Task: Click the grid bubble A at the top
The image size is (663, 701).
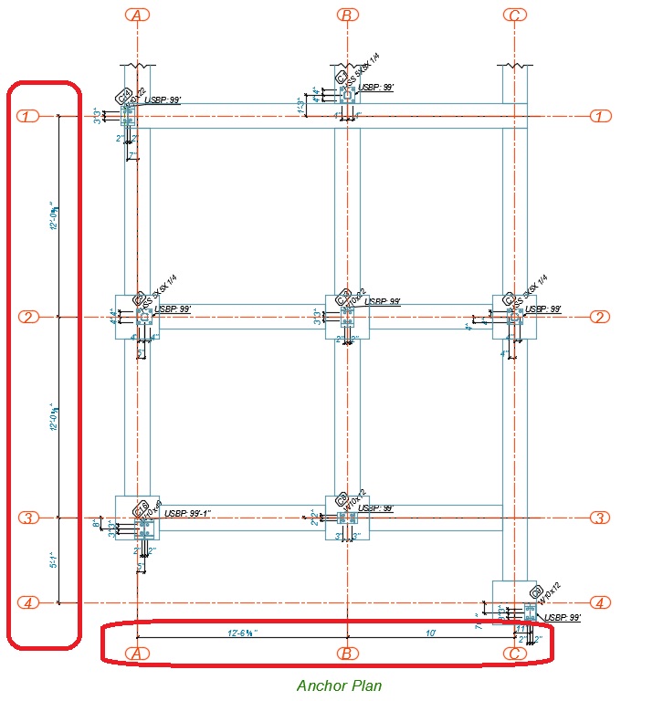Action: pos(136,15)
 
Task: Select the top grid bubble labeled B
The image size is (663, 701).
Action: pos(346,15)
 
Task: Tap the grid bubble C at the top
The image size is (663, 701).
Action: pos(515,15)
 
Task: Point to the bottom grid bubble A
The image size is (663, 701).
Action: pos(136,653)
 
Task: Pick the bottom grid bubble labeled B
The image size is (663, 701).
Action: pos(346,653)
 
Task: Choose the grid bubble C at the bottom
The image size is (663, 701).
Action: pos(515,653)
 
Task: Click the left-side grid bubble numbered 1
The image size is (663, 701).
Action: pos(28,116)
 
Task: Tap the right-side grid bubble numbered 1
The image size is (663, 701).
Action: pos(600,116)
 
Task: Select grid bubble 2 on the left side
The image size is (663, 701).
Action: pos(28,317)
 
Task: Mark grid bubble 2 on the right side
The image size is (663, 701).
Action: pos(600,317)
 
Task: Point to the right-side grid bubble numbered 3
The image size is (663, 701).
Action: pos(600,518)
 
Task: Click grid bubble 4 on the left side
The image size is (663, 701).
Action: pos(28,602)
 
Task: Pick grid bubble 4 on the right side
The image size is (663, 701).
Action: pos(600,602)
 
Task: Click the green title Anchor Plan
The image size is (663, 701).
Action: pos(339,685)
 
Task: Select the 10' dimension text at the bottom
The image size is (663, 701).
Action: pos(430,632)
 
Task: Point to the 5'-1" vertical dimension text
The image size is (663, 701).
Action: pos(53,560)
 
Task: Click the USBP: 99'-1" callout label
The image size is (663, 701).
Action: pos(188,514)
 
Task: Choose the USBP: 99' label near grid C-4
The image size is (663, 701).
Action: pos(563,618)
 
